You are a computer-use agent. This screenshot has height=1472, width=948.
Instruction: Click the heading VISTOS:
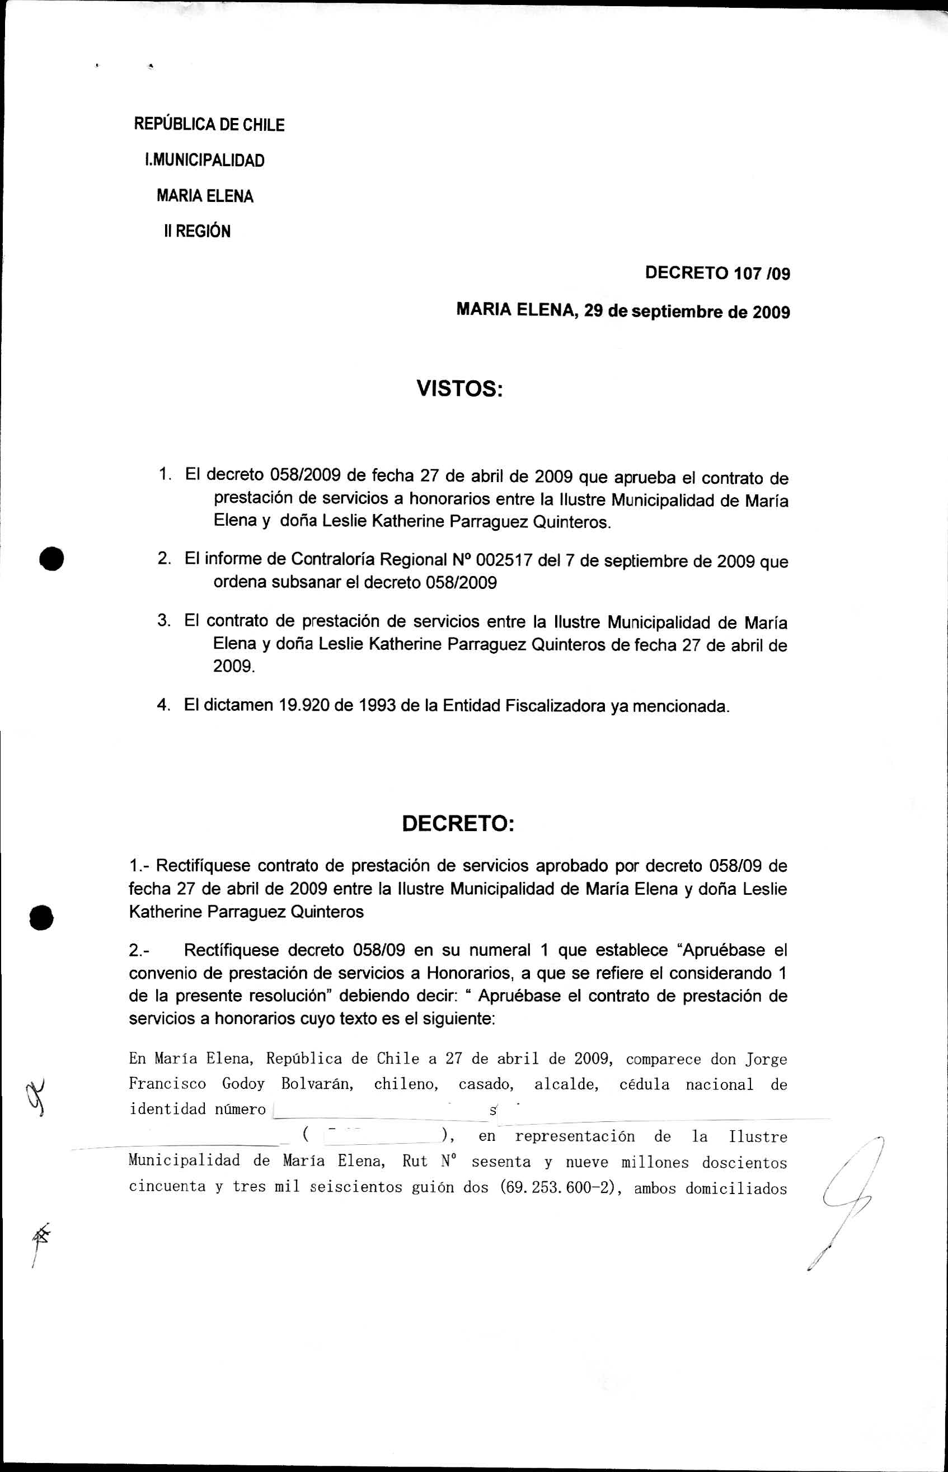460,389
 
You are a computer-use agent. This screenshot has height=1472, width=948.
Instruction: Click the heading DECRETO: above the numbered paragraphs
457,824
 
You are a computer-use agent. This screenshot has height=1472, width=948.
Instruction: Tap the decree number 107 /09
761,272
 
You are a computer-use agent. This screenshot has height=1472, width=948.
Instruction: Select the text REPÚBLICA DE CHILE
209,125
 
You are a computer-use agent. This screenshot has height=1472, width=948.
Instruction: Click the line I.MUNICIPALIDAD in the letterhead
204,161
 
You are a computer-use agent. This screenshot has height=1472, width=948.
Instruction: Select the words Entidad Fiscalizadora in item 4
547,706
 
